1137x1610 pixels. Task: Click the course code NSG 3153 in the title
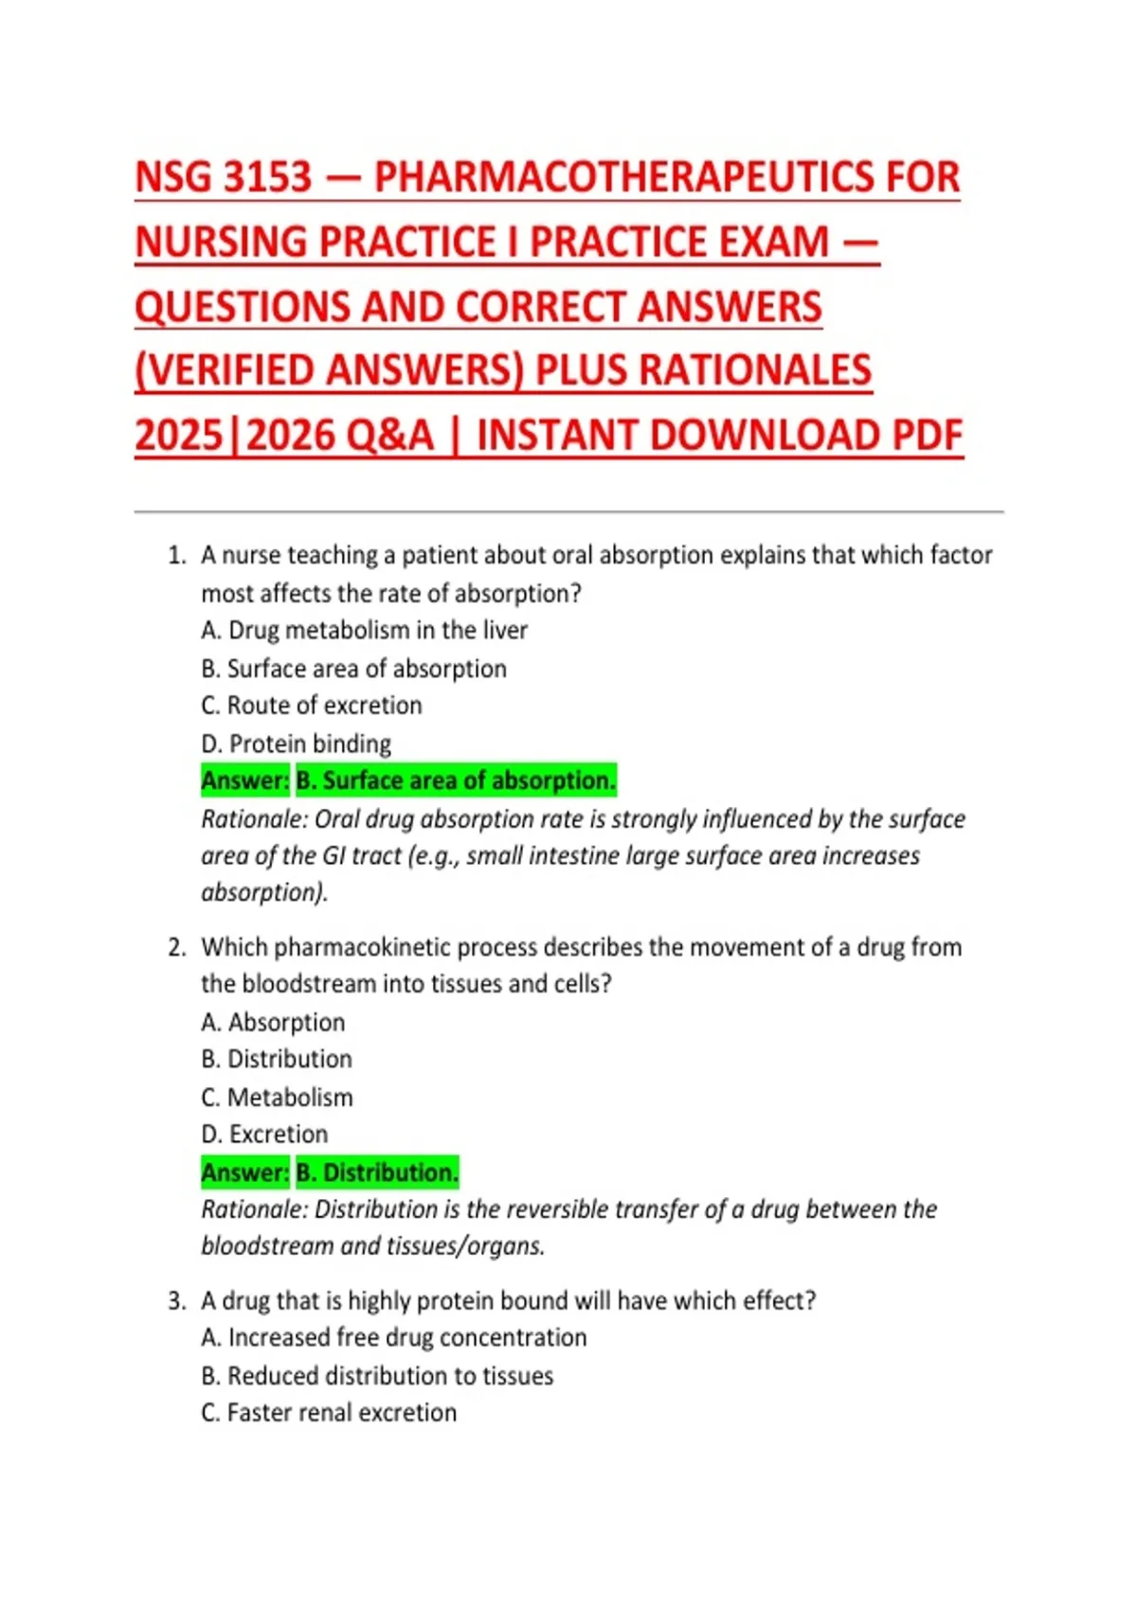(x=224, y=177)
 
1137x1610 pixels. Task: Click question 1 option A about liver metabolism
(x=364, y=630)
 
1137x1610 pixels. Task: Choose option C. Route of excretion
(x=311, y=706)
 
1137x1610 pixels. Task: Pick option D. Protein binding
(x=296, y=743)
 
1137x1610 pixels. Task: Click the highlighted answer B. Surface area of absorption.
(x=456, y=780)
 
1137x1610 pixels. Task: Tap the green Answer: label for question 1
(x=244, y=780)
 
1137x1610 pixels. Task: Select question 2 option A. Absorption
(x=273, y=1022)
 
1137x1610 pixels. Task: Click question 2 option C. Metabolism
(x=277, y=1097)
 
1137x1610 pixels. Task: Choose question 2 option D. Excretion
(x=264, y=1134)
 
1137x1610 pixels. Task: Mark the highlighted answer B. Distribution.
(x=377, y=1172)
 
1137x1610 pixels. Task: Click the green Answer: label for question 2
(x=244, y=1172)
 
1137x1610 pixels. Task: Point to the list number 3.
(x=176, y=1300)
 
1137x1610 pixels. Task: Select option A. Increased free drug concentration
(x=393, y=1337)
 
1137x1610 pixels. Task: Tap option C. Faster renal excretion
(x=329, y=1412)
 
